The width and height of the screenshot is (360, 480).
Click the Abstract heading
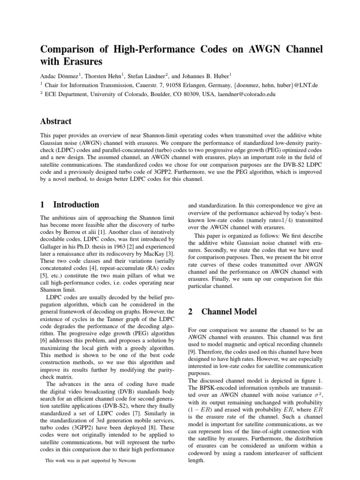click(56, 121)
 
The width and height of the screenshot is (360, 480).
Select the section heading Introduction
click(76, 204)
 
